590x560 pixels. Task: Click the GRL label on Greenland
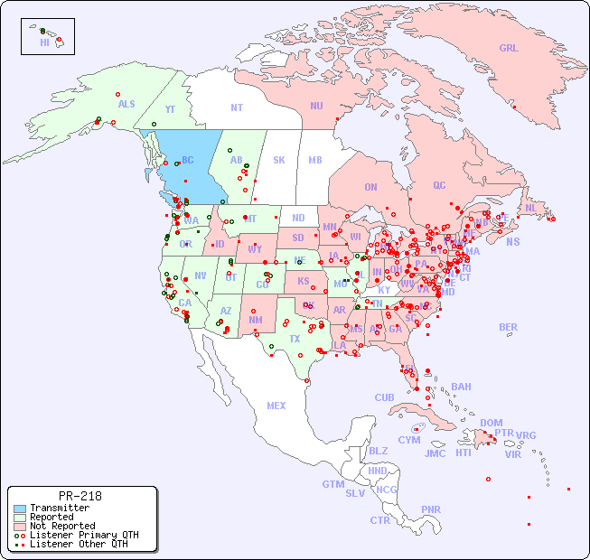point(509,49)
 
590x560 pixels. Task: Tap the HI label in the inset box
point(44,42)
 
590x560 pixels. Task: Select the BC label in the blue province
point(188,161)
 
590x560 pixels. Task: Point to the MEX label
point(276,406)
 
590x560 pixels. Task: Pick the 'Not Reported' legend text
point(61,526)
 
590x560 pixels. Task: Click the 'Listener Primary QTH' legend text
point(83,535)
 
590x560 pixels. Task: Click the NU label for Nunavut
point(316,106)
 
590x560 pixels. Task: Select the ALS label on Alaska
point(126,104)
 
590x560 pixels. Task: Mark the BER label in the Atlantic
point(508,327)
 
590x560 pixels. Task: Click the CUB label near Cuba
point(385,397)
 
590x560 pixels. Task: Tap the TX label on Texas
point(295,339)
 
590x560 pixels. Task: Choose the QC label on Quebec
point(439,185)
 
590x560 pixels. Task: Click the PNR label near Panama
point(431,509)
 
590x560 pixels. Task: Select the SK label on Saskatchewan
point(279,161)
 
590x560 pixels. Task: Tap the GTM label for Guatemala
point(332,484)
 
